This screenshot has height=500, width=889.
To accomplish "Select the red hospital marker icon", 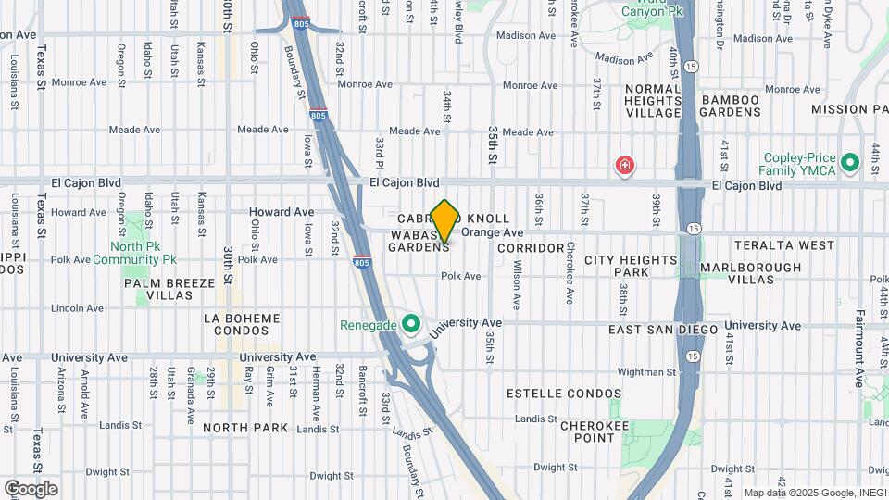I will pyautogui.click(x=625, y=167).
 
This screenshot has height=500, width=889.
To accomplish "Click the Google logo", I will pyautogui.click(x=30, y=489).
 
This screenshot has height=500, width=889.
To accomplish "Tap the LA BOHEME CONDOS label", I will pyautogui.click(x=242, y=325).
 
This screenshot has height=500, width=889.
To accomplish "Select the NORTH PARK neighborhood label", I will pyautogui.click(x=245, y=428).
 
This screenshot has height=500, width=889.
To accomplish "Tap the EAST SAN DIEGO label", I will pyautogui.click(x=663, y=330).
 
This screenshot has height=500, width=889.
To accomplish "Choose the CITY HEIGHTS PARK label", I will pyautogui.click(x=631, y=267).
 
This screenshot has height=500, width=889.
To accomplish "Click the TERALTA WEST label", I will pyautogui.click(x=784, y=245).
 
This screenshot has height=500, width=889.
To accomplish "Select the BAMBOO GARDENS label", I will pyautogui.click(x=731, y=106).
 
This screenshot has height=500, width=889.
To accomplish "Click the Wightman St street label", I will pyautogui.click(x=641, y=372).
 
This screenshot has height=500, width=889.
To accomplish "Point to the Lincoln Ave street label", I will pyautogui.click(x=79, y=307).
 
